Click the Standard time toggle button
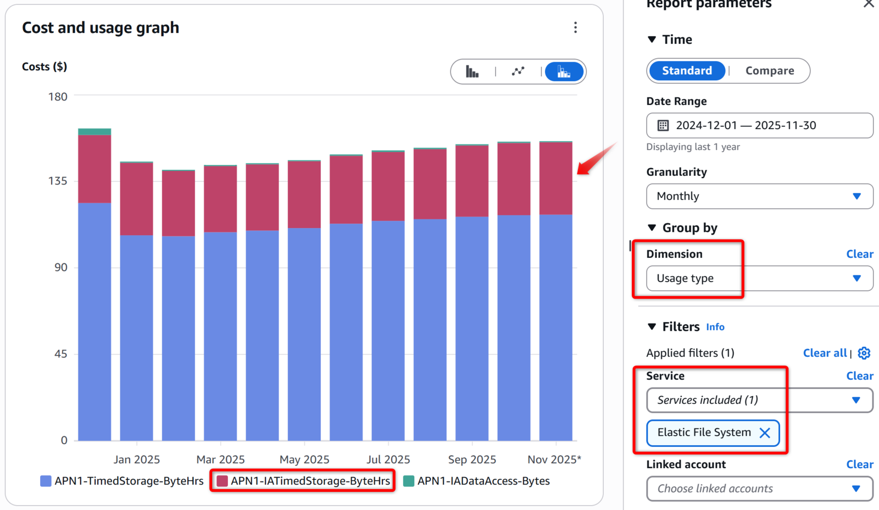(687, 71)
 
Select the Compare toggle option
(769, 71)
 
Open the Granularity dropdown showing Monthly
(759, 196)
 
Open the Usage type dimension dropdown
(759, 279)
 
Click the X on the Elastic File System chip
(765, 433)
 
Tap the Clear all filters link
(825, 353)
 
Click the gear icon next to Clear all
(864, 353)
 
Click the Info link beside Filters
(715, 327)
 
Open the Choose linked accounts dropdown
(759, 489)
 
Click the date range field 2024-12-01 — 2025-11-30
(759, 125)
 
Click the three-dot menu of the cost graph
(575, 27)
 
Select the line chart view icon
(518, 71)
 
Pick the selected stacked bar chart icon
(564, 71)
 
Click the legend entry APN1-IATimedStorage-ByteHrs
(310, 481)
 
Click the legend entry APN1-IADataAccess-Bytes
(483, 481)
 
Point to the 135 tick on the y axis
(58, 181)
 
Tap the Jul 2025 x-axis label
(388, 459)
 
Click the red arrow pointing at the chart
(597, 159)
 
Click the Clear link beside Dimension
(859, 254)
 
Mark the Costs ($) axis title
(44, 66)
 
